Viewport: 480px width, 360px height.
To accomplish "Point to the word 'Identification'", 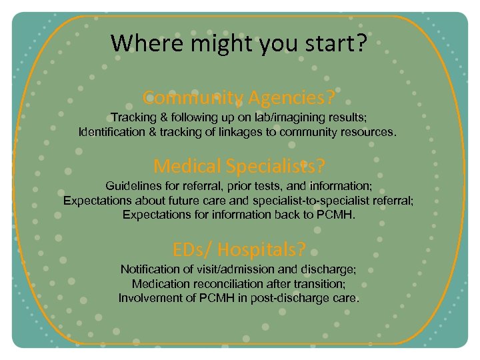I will pos(111,132).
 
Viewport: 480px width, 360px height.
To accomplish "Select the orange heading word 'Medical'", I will pos(187,165).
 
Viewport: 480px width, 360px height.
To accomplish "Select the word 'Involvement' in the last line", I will pos(149,298).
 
